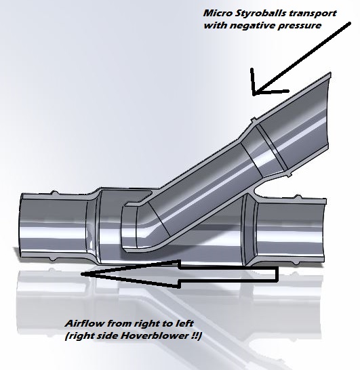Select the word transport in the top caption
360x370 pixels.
313,14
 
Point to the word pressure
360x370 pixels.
300,26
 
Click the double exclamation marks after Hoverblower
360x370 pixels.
195,335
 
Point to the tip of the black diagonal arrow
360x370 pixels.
254,94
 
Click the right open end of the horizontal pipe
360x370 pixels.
324,231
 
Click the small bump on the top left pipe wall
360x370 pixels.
54,193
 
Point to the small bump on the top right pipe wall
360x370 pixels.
299,197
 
